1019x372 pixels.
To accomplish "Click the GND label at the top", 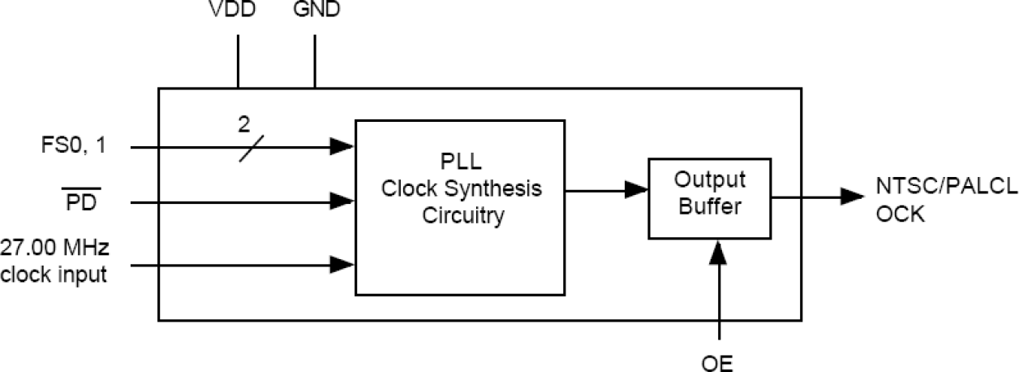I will pyautogui.click(x=316, y=11).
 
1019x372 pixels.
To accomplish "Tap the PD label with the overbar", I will pyautogui.click(x=81, y=201).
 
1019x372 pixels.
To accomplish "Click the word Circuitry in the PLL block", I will pyautogui.click(x=459, y=216).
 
